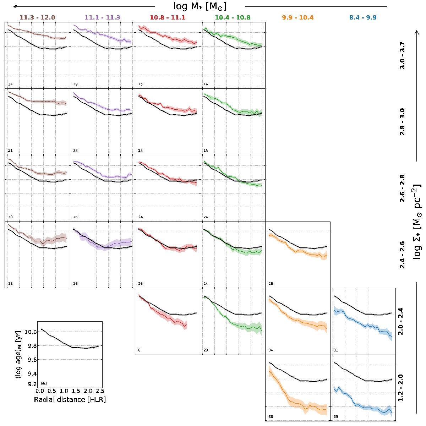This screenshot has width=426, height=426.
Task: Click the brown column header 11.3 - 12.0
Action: click(37, 17)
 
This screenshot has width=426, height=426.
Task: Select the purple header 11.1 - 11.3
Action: click(102, 17)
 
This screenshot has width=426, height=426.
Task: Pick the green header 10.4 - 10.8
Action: click(233, 17)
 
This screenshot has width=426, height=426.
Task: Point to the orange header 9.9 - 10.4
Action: click(297, 17)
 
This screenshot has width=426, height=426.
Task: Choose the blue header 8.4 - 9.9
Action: click(362, 17)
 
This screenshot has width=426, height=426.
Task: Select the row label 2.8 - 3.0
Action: click(402, 121)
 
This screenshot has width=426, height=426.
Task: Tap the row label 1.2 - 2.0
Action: click(402, 388)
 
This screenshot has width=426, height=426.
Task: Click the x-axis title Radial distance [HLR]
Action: click(70, 399)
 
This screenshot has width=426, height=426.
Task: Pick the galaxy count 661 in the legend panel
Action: click(44, 383)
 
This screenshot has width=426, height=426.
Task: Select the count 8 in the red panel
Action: click(139, 350)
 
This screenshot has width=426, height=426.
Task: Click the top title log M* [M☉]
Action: click(200, 6)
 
